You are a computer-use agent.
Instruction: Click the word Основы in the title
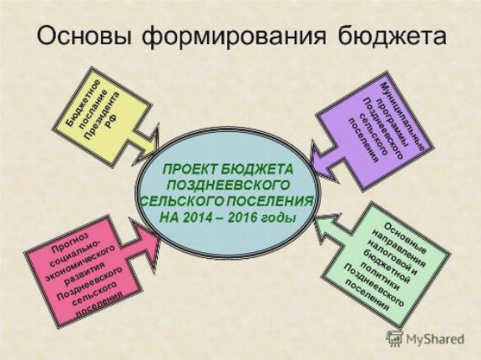point(84,36)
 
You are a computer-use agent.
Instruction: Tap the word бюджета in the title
point(392,36)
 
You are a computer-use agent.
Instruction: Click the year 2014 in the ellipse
point(198,217)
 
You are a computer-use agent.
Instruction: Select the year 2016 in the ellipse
point(241,217)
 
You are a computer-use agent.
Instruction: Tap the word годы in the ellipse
point(279,218)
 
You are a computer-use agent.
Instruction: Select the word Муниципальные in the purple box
point(403,116)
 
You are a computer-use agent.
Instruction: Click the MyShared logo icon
point(394,339)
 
